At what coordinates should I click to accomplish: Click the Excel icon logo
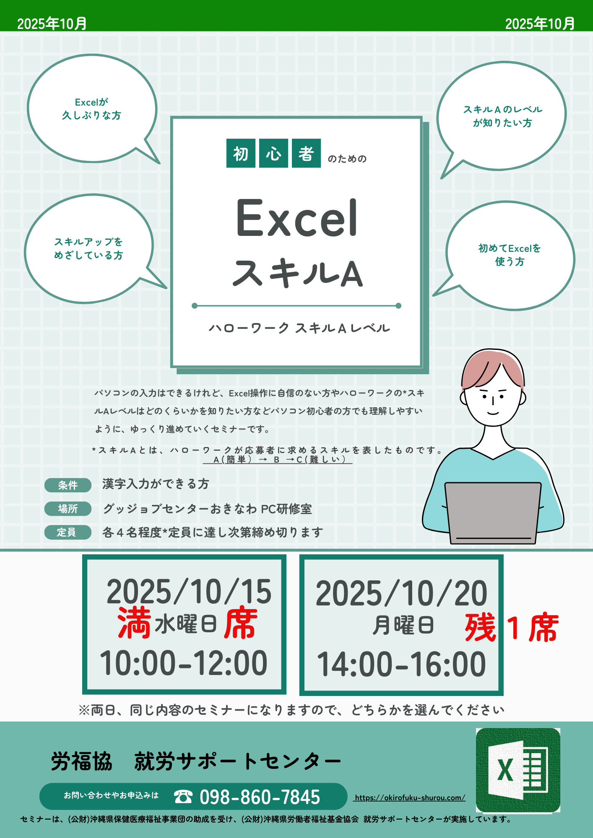[518, 770]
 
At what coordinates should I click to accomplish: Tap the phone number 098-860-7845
[260, 797]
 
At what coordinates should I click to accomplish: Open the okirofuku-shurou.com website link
[410, 798]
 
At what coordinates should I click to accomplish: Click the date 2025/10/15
[189, 592]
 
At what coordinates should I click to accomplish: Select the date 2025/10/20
[401, 593]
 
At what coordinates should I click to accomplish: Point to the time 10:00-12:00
[183, 663]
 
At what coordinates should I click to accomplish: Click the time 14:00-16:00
[401, 665]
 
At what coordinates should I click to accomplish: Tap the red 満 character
[134, 623]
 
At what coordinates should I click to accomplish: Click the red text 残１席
[512, 627]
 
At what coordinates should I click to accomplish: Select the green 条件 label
[68, 485]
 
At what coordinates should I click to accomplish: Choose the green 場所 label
[68, 509]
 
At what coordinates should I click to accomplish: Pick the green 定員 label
[68, 532]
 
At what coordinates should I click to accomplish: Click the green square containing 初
[241, 153]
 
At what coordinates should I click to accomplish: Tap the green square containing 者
[306, 153]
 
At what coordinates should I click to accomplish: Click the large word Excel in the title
[297, 218]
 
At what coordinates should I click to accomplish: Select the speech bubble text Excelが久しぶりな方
[91, 109]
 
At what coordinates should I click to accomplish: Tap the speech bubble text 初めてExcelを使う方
[510, 255]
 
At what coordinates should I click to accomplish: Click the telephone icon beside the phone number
[183, 797]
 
